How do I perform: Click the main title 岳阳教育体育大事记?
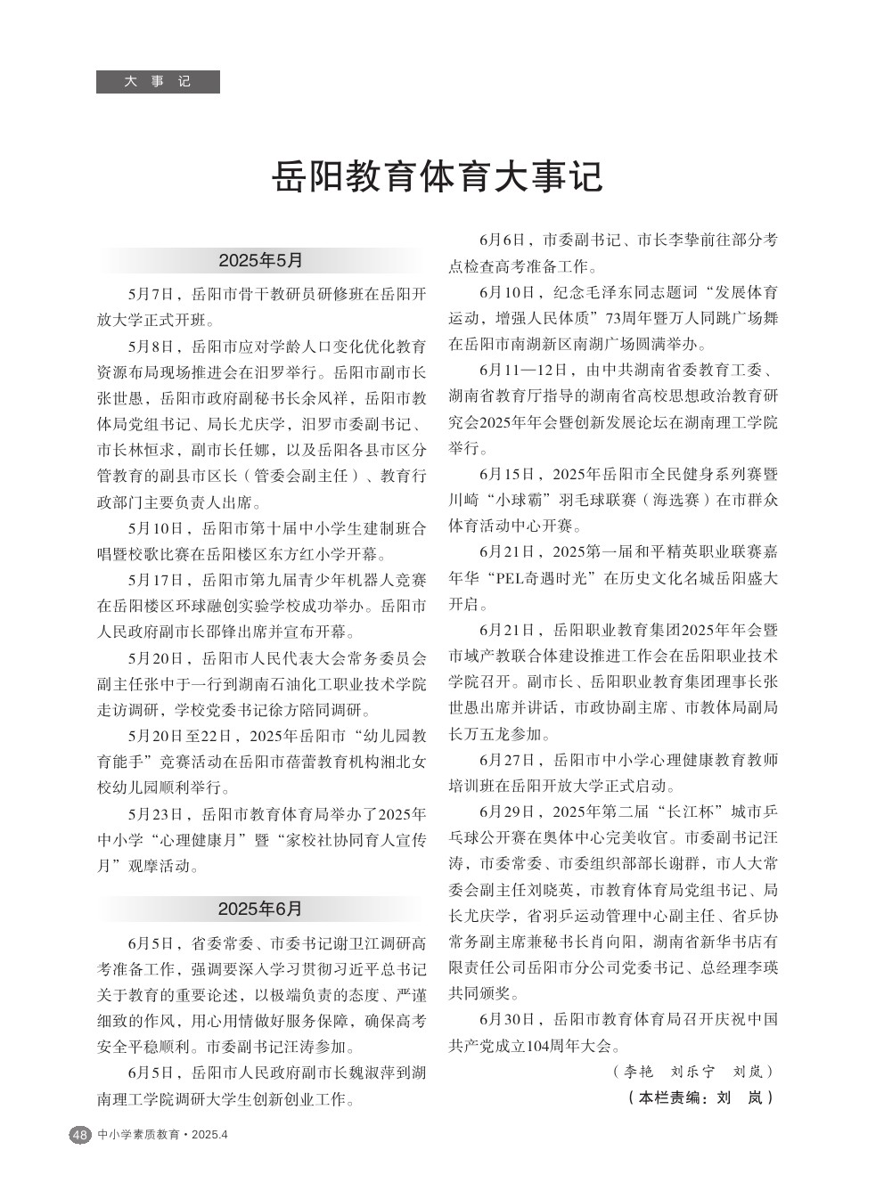(x=438, y=177)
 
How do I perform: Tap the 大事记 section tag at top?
(x=158, y=81)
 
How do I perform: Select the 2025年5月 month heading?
(x=260, y=261)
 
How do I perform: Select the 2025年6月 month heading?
(x=260, y=909)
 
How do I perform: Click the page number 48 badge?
(x=79, y=1135)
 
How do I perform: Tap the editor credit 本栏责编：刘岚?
(x=700, y=1098)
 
